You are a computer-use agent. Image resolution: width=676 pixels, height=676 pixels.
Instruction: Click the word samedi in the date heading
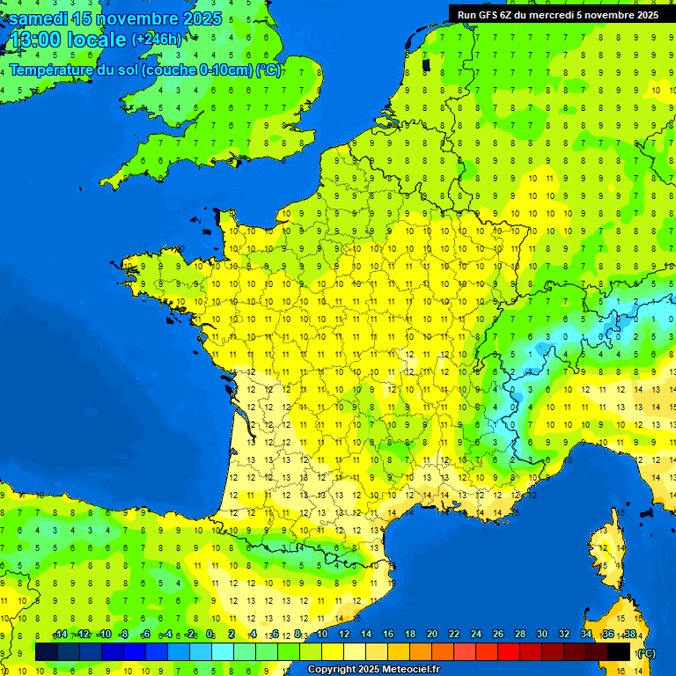(38, 18)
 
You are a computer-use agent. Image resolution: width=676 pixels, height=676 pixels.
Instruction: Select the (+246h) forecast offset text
(156, 40)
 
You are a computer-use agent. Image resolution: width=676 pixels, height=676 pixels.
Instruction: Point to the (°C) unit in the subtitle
(268, 70)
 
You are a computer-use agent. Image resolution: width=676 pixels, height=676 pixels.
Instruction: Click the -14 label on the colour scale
(60, 635)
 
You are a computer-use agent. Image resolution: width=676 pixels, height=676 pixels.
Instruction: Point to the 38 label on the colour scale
(629, 635)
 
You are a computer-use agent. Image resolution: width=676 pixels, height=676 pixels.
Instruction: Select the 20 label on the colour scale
(431, 635)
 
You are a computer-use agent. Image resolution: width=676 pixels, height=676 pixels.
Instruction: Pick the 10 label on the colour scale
(321, 635)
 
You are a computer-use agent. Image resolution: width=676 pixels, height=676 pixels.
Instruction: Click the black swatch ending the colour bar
(619, 651)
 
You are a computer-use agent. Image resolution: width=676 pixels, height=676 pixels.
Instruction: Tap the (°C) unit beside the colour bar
(645, 652)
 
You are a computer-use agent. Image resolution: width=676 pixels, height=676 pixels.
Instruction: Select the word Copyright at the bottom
(332, 670)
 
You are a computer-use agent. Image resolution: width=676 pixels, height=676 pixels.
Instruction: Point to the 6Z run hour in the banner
(506, 14)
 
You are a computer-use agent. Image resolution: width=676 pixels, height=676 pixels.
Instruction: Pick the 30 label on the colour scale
(541, 635)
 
